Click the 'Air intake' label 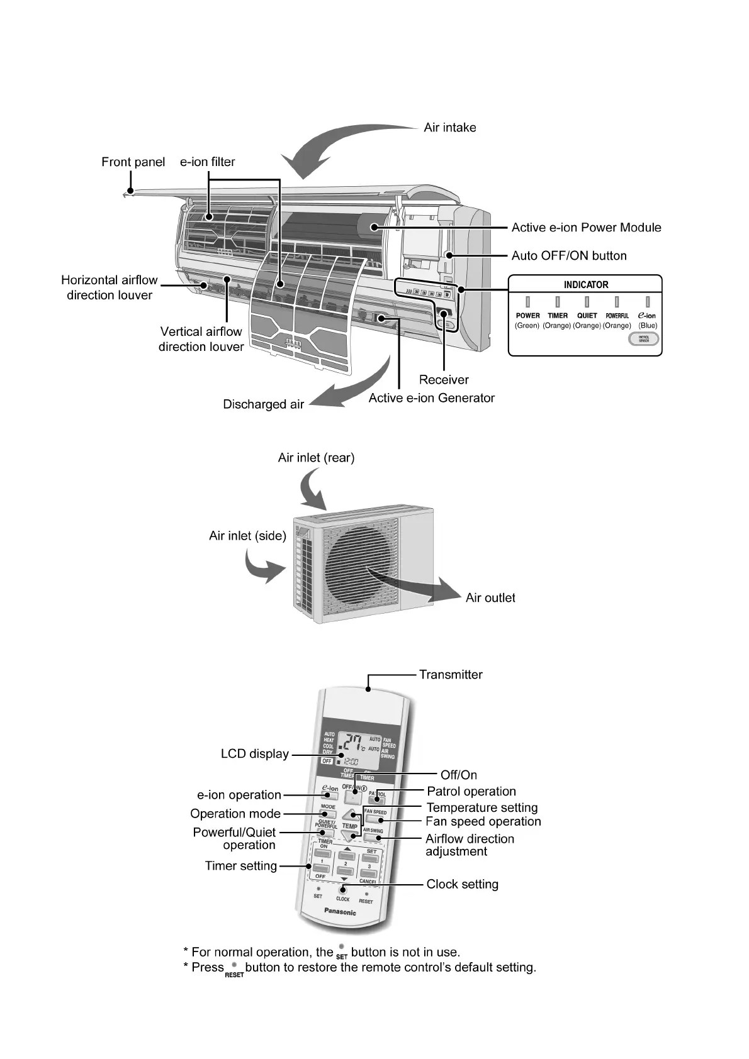point(449,128)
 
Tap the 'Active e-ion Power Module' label point(586,228)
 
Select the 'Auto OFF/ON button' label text point(568,256)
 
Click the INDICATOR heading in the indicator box point(585,285)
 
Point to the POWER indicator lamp point(527,302)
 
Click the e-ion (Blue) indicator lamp point(647,302)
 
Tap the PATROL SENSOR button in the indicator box point(643,339)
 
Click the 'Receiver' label point(444,380)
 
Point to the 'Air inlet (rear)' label point(316,458)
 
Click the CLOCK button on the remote point(343,890)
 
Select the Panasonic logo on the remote point(340,912)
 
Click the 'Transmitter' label point(451,675)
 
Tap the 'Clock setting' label point(462,885)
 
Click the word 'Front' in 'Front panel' point(117,162)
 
